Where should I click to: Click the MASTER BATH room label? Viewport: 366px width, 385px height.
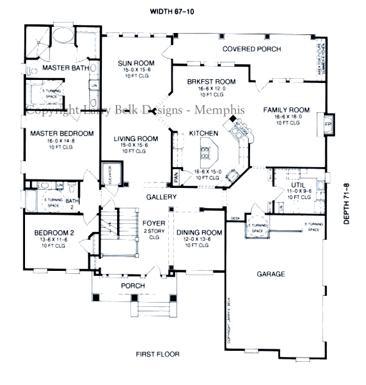tap(63, 68)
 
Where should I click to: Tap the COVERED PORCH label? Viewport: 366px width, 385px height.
tap(251, 49)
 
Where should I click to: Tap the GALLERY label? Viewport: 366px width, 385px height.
tap(161, 197)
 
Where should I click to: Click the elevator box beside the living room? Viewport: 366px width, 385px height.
tap(110, 175)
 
